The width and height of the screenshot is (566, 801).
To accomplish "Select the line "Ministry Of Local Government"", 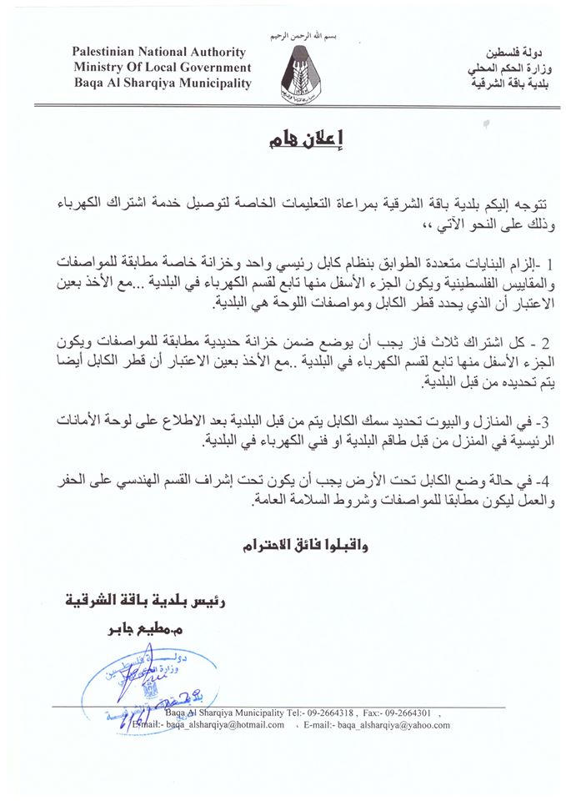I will (163, 68).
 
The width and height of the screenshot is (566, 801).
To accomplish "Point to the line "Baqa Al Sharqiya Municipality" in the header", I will (163, 83).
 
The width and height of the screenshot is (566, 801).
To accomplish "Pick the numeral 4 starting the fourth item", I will (525, 485).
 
